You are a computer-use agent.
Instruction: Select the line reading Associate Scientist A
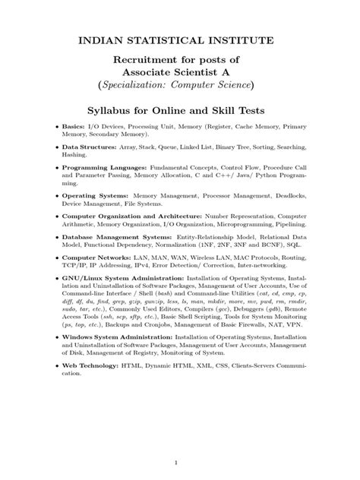(180, 74)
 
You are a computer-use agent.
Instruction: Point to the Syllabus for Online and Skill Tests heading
(180, 112)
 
